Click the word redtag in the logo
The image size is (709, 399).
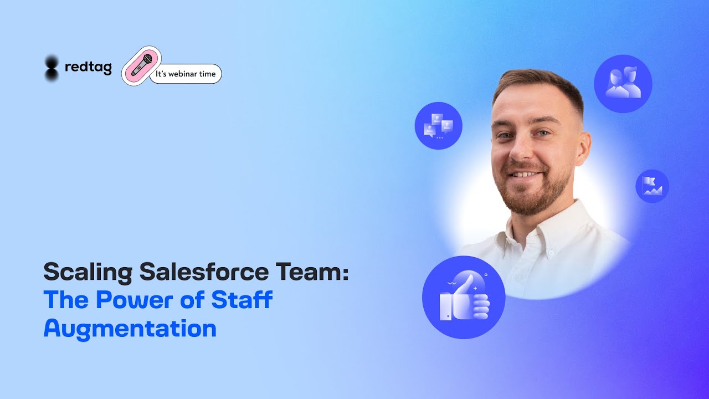88,68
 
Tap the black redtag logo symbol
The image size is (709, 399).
52,68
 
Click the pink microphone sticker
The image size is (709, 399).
142,66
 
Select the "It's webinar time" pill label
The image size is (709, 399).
186,74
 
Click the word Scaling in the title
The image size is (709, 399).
88,273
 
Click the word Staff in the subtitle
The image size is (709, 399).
242,300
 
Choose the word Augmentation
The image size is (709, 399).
130,328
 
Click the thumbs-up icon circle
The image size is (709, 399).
464,298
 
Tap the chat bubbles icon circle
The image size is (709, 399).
438,126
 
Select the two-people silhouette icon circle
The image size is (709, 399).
623,84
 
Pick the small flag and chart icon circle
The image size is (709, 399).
652,186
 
